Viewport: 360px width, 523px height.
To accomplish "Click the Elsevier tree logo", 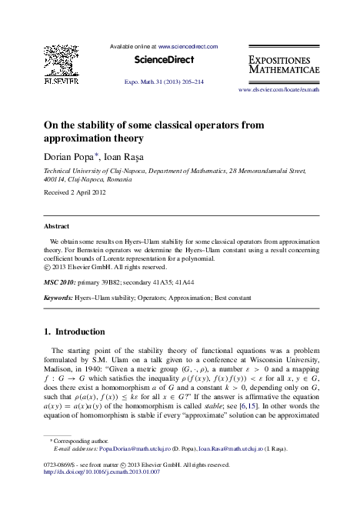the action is tap(61, 62).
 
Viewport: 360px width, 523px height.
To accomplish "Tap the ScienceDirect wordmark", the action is tap(164, 59).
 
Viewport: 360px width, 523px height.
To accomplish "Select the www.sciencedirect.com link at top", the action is tap(188, 46).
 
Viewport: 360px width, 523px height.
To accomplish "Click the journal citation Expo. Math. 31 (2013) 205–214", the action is tap(164, 82).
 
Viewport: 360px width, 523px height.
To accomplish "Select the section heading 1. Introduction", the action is tap(75, 332).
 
